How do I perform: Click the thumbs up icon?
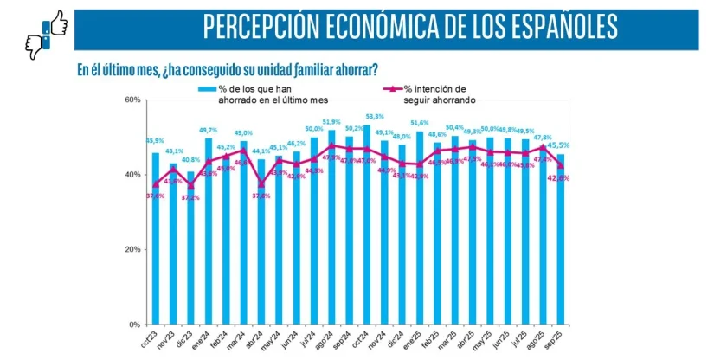(x=56, y=23)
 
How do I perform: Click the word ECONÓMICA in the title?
(x=375, y=27)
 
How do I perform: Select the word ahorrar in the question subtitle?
(x=354, y=69)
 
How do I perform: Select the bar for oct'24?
(x=367, y=225)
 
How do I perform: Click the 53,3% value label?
(x=375, y=117)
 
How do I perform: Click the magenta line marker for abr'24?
(x=261, y=183)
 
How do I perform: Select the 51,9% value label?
(x=331, y=122)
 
